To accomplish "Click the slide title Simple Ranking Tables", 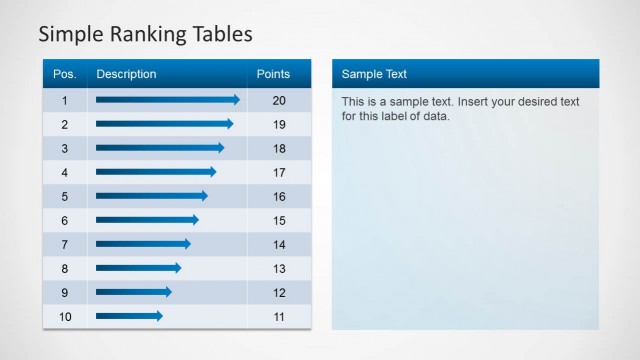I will tap(145, 35).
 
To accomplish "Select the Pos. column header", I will tap(64, 74).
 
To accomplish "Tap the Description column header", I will tap(126, 74).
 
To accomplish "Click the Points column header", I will tap(273, 74).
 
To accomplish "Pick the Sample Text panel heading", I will tap(374, 74).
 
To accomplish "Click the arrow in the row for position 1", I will tap(167, 100).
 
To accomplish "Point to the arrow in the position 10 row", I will tap(129, 316).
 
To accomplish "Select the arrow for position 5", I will tap(151, 196).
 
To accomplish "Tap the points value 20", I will tap(279, 100).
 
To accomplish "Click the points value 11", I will tap(279, 316).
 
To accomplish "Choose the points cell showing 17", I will tap(279, 172).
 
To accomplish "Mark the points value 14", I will tap(279, 244).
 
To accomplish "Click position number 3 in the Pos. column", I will tap(64, 148).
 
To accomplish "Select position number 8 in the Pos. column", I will tap(64, 268).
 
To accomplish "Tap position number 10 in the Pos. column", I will tap(64, 316).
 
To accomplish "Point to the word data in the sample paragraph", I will tap(437, 116).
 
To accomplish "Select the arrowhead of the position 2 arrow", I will tap(229, 124).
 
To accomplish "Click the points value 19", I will tap(279, 124).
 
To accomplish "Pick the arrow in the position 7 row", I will tap(142, 244).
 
